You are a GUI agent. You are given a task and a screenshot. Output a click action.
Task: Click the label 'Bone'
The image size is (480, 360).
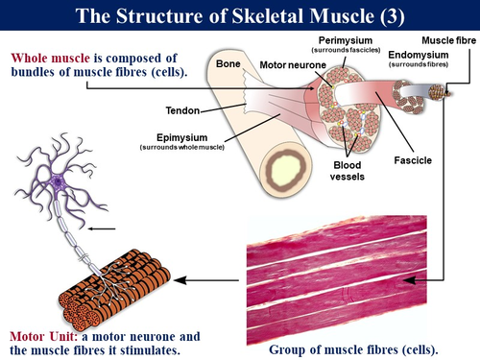(x=228, y=63)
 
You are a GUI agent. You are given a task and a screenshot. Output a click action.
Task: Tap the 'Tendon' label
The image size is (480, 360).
(x=182, y=108)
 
